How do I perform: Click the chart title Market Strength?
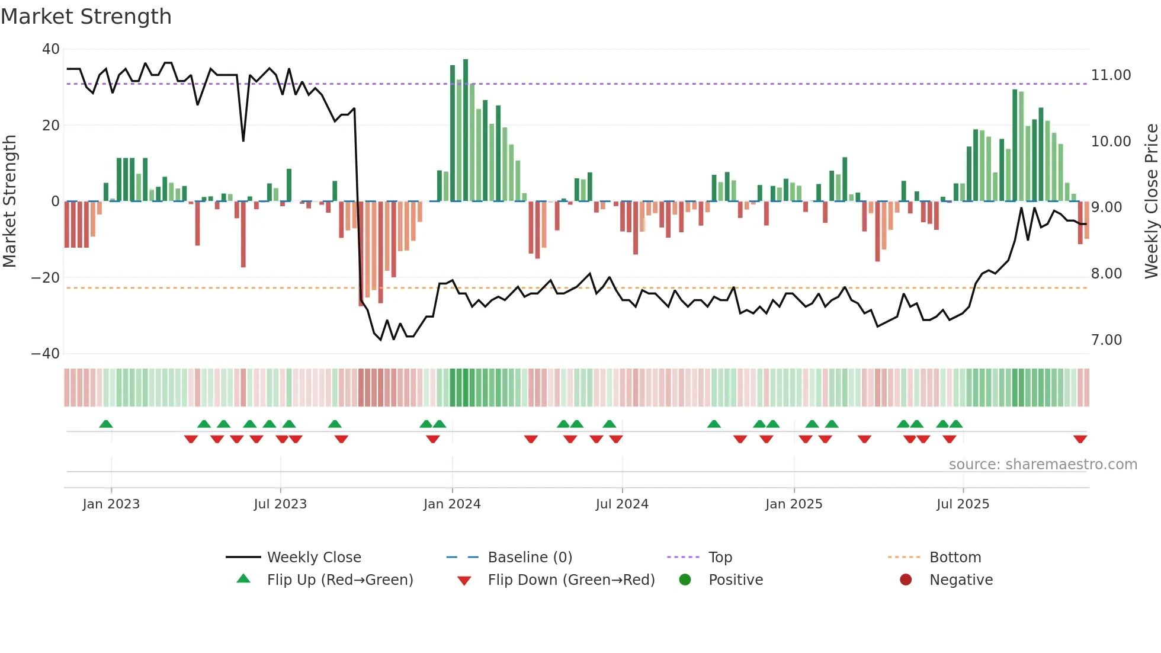tap(86, 16)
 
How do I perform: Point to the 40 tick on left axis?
tap(51, 49)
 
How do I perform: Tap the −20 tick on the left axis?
tap(46, 277)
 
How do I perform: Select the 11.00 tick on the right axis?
tap(1111, 75)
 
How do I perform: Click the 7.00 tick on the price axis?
tap(1106, 340)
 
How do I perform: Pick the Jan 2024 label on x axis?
tap(452, 504)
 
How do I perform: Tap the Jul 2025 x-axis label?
tap(963, 504)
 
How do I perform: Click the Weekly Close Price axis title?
tap(1151, 201)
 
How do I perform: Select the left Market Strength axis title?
tap(9, 201)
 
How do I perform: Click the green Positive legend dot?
tap(685, 580)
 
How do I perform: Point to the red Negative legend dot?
tap(906, 580)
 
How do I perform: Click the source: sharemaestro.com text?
tap(1043, 465)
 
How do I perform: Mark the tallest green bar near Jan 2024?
tap(466, 130)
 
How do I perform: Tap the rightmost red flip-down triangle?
tap(1080, 438)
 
